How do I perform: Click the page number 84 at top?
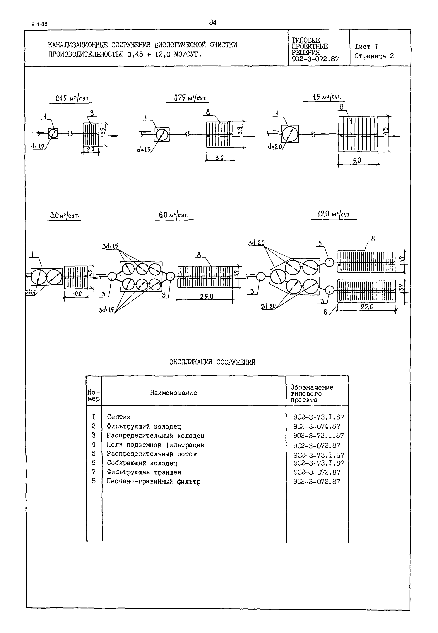point(213,23)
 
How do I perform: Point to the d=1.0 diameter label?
point(37,147)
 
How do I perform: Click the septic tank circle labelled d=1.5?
point(162,134)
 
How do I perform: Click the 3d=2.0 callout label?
point(256,243)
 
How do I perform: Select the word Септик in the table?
point(119,417)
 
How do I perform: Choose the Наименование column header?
point(173,393)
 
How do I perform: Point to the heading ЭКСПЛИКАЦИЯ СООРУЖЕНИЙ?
point(212,362)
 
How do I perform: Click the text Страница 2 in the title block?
point(374,56)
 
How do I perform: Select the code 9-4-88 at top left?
point(40,24)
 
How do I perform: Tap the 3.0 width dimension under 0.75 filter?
point(219,158)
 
